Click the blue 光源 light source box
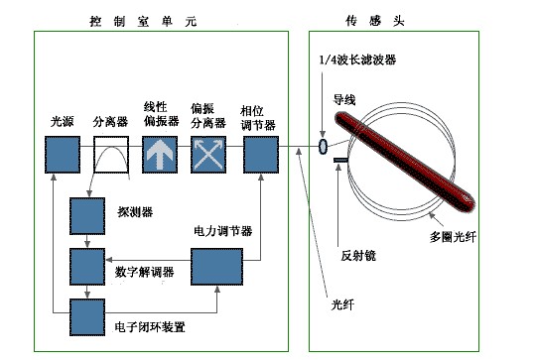pos(63,155)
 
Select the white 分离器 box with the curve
pos(111,155)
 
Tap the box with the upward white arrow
pos(160,155)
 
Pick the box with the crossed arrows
pos(208,155)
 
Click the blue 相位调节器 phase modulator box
pos(261,155)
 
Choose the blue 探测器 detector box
pos(87,216)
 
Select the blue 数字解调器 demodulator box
pos(87,267)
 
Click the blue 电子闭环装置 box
pos(87,317)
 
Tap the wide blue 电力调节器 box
pos(216,267)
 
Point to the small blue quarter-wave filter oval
pos(323,146)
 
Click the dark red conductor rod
pos(405,162)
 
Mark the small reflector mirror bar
pos(340,160)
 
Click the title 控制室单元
pos(143,22)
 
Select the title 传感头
pos(374,21)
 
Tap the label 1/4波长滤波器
pos(357,60)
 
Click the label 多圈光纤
pos(453,237)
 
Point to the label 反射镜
pos(358,256)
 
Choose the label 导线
pos(344,100)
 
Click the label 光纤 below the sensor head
pos(342,304)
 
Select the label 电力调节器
pos(223,231)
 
